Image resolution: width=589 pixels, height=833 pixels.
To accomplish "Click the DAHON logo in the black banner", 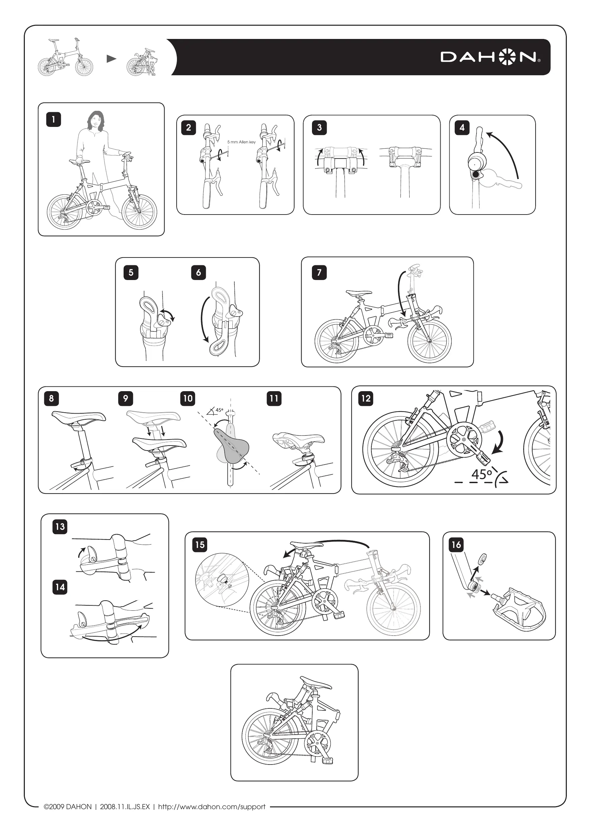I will [490, 57].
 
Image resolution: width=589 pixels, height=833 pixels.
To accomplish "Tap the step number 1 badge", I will [53, 120].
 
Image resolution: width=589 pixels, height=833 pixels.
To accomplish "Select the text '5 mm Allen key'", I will [241, 142].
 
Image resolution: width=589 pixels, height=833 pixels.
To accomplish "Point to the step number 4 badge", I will [462, 127].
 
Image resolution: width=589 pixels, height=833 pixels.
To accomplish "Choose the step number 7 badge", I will [319, 273].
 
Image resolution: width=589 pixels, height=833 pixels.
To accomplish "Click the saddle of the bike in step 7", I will [359, 292].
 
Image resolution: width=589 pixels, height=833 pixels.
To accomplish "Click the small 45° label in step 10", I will [219, 410].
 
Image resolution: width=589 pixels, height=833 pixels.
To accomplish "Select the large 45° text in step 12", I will [482, 473].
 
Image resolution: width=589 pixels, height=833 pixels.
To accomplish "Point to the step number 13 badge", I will [60, 526].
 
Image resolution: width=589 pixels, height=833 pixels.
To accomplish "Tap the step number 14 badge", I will [60, 587].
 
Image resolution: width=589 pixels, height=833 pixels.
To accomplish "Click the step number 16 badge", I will [456, 545].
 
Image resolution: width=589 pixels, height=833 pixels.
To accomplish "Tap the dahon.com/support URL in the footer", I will [212, 806].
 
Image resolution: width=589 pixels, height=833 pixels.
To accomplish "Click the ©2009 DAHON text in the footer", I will [67, 806].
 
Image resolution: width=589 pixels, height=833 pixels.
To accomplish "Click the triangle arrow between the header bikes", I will [111, 59].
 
